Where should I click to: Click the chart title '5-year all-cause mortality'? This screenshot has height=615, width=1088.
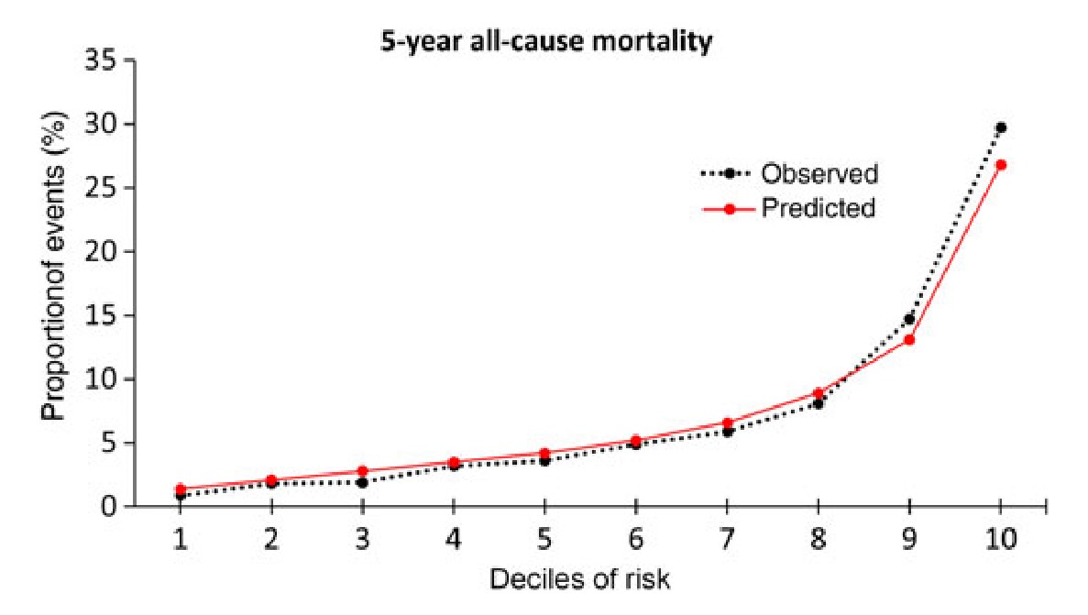[x=546, y=42]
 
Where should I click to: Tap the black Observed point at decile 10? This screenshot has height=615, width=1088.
[x=1000, y=127]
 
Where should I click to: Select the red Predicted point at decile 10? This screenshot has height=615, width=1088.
[x=1000, y=165]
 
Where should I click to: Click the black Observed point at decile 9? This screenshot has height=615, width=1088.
[x=909, y=319]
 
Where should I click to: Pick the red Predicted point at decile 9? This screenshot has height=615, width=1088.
[x=909, y=340]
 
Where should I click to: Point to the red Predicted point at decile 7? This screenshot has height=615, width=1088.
[x=727, y=423]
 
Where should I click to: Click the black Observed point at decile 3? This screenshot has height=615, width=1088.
[x=362, y=482]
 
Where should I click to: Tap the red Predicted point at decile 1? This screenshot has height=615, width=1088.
[x=181, y=489]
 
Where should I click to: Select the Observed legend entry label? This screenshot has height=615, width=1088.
[x=819, y=173]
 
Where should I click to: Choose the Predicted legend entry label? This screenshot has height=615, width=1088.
[x=818, y=209]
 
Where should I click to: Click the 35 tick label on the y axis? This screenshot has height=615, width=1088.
[x=106, y=61]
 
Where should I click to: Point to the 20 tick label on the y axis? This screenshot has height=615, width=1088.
[x=106, y=252]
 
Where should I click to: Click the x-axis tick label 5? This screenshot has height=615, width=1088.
[x=544, y=539]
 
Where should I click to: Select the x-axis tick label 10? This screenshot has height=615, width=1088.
[x=1000, y=539]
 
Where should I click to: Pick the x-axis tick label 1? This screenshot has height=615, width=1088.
[x=181, y=539]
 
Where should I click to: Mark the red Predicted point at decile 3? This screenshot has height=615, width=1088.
[x=362, y=471]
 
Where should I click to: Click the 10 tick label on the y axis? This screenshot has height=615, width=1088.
[x=106, y=379]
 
